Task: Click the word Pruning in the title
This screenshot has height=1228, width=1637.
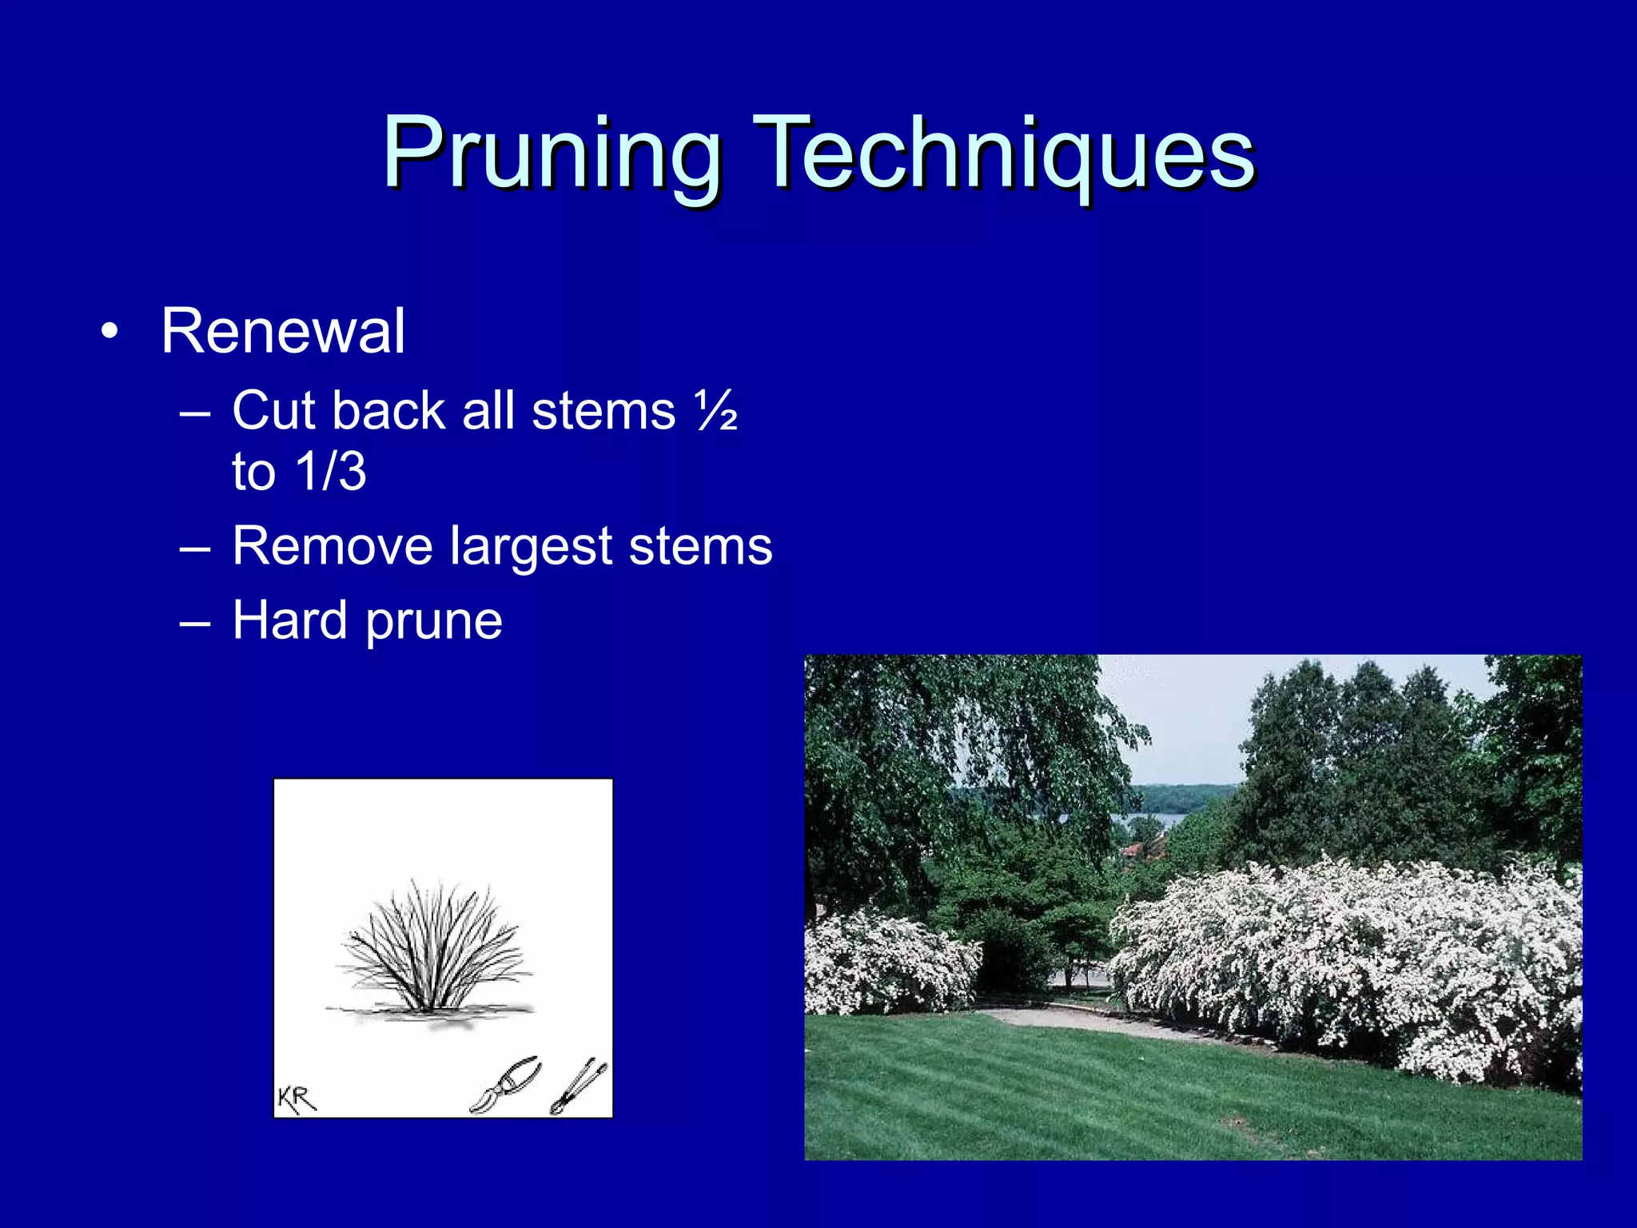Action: (552, 153)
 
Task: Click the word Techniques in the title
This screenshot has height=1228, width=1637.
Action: (1003, 153)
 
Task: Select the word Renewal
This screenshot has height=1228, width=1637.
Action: (283, 331)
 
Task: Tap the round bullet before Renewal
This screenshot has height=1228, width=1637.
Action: (110, 331)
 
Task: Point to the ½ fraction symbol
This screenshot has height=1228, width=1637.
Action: (716, 412)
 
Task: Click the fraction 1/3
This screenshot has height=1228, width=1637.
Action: (331, 472)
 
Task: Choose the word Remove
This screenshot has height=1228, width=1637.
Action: (332, 546)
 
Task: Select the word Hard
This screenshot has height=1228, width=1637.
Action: (289, 620)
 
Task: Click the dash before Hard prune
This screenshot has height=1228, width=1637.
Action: (194, 622)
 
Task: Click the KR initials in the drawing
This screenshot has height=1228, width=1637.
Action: (297, 1099)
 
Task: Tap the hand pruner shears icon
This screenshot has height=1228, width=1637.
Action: (506, 1085)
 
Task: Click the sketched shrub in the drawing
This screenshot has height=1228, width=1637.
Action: (433, 947)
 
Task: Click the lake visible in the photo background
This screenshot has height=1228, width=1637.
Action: (1151, 819)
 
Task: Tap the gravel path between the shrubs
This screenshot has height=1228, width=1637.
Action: (1071, 1019)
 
